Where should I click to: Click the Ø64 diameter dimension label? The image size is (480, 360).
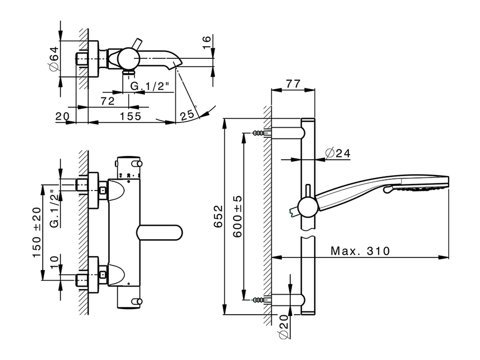(53, 58)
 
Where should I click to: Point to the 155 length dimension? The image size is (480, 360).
(130, 116)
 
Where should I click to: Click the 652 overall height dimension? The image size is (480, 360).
(219, 216)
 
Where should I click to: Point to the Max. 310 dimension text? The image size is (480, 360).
(360, 250)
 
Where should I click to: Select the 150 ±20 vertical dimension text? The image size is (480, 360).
(36, 232)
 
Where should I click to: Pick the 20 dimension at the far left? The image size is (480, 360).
(62, 116)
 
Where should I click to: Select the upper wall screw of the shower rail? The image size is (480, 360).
(259, 133)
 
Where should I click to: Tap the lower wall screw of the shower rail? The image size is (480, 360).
(259, 299)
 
